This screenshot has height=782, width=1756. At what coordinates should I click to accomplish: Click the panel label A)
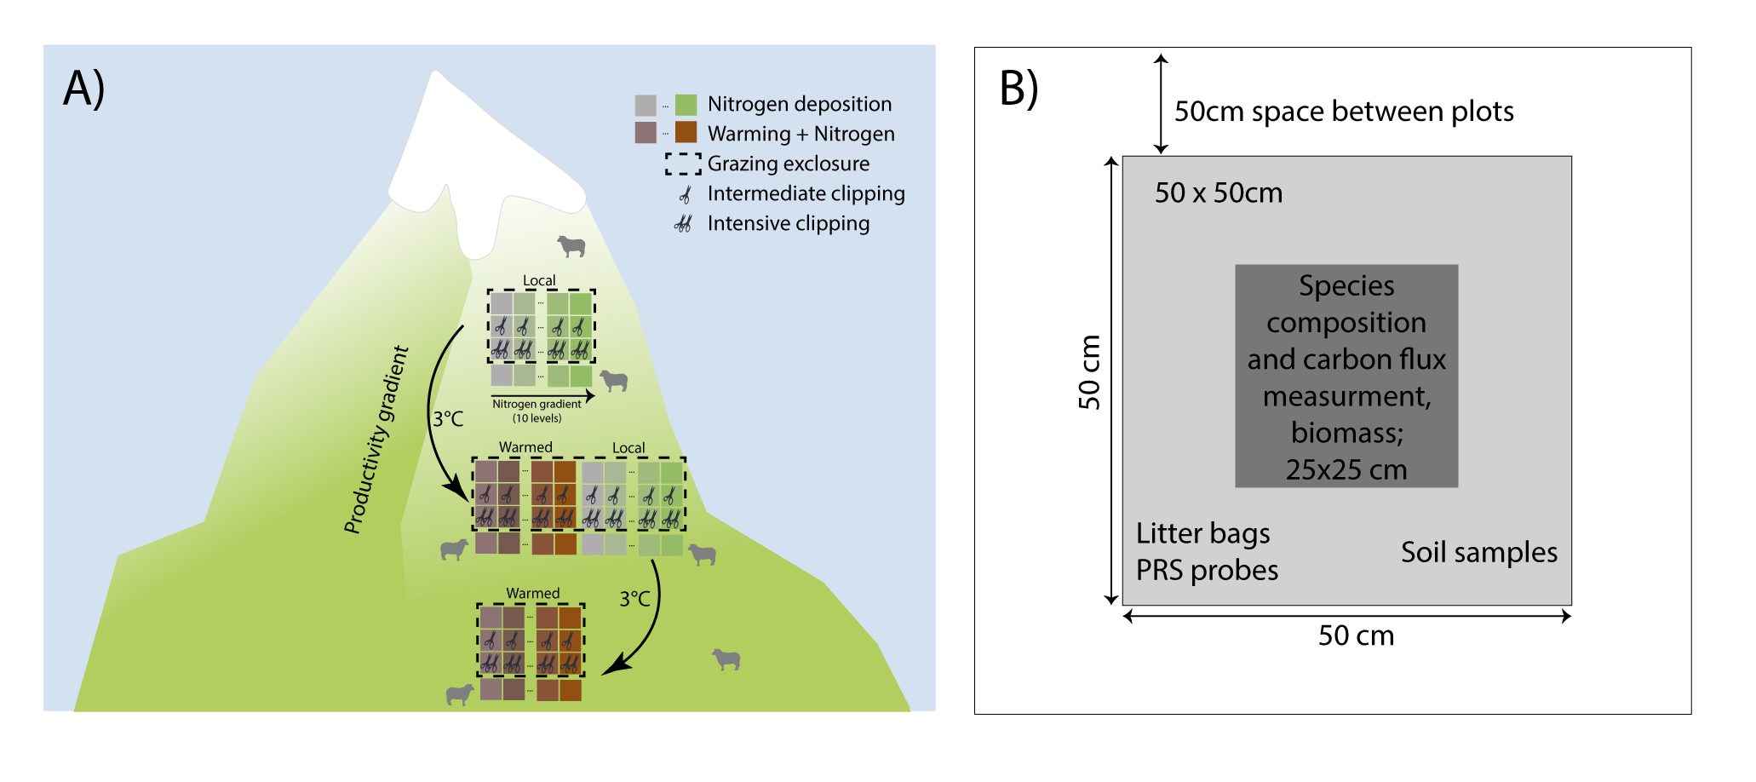(x=83, y=88)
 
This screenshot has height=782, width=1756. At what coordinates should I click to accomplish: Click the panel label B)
(x=1018, y=88)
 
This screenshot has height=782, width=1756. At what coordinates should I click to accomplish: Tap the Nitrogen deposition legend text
(x=799, y=104)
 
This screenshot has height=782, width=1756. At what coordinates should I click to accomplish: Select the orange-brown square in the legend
(x=686, y=133)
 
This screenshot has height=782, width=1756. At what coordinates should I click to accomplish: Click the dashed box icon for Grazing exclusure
(x=683, y=164)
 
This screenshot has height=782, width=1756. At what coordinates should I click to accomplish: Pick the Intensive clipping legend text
(x=788, y=223)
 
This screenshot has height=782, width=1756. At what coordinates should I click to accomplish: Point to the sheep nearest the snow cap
(x=571, y=246)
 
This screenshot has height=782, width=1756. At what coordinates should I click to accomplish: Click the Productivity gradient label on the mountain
(x=376, y=440)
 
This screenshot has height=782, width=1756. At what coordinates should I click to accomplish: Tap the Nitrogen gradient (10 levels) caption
(x=537, y=411)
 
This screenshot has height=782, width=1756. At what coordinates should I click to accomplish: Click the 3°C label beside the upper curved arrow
(x=448, y=418)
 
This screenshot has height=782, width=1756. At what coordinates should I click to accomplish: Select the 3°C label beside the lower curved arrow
(x=634, y=599)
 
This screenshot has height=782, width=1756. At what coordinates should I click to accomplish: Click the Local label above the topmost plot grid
(x=538, y=280)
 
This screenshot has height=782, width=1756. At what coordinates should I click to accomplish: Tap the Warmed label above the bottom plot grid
(x=532, y=593)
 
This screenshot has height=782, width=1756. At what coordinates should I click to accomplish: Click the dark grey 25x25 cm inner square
(x=1346, y=376)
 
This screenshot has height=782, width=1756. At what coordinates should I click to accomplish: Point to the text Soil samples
(x=1478, y=552)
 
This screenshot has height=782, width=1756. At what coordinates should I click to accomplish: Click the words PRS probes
(x=1207, y=570)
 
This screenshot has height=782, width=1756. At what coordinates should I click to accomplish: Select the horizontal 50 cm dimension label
(x=1356, y=635)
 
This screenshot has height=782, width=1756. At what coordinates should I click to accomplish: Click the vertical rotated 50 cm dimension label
(x=1089, y=372)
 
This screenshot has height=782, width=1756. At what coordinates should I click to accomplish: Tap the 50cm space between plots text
(x=1343, y=112)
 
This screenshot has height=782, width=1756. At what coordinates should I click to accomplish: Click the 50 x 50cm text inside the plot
(x=1218, y=193)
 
